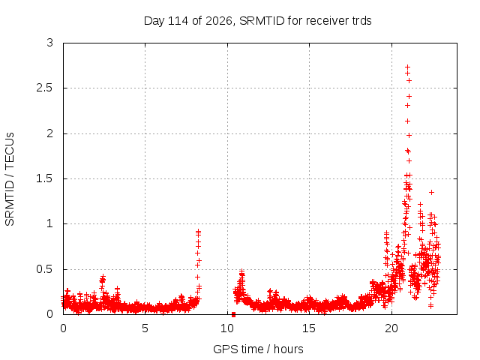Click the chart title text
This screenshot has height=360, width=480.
pos(257,21)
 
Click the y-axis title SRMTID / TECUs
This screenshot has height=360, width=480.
pos(10,179)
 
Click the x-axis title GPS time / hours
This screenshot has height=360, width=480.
pos(258,349)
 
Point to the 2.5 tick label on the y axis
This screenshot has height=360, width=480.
pos(45,88)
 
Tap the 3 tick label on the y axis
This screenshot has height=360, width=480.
pos(49,43)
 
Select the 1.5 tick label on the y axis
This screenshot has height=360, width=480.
pos(45,178)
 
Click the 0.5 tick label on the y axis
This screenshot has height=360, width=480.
pos(45,269)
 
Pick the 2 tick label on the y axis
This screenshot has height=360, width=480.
pos(49,133)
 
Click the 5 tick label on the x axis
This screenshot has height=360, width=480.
pos(145,328)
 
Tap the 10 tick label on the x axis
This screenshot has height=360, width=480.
pos(227,328)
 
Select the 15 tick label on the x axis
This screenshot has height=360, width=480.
pos(309,328)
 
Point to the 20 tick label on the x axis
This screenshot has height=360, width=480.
pos(391,328)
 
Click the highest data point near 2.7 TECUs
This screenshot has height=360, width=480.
pos(407,67)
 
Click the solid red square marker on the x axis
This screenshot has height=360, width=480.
pos(233,314)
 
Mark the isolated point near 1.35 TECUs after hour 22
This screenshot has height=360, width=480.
pos(431,192)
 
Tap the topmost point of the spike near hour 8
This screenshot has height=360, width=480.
pos(198,232)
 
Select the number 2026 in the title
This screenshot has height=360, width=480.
pos(219,21)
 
